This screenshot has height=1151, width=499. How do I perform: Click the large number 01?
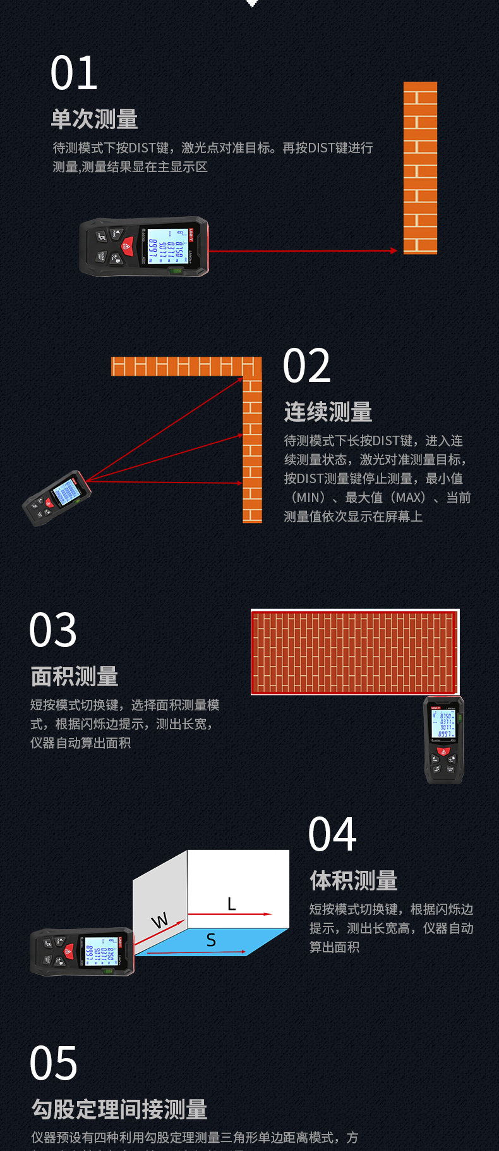click(74, 73)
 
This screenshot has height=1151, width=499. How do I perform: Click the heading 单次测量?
click(94, 120)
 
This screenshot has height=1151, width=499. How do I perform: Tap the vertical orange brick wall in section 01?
click(420, 168)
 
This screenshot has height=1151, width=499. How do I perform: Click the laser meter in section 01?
click(144, 247)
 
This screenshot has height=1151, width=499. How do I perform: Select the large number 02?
click(307, 366)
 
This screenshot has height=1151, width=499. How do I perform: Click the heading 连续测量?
click(328, 412)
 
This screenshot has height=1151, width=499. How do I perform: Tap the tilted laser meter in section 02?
click(57, 498)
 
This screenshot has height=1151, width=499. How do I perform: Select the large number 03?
click(53, 631)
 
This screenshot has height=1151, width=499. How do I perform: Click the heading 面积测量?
click(75, 677)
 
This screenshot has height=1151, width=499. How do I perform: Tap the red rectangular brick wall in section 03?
click(354, 652)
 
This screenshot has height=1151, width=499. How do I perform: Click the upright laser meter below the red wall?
click(443, 739)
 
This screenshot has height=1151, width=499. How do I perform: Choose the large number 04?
click(332, 835)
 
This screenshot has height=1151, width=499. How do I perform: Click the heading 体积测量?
click(353, 881)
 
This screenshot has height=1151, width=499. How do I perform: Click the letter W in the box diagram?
click(160, 920)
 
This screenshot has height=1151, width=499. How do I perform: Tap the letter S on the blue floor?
click(211, 940)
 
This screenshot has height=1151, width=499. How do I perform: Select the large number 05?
click(54, 1064)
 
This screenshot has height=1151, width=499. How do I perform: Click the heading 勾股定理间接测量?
click(119, 1109)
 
